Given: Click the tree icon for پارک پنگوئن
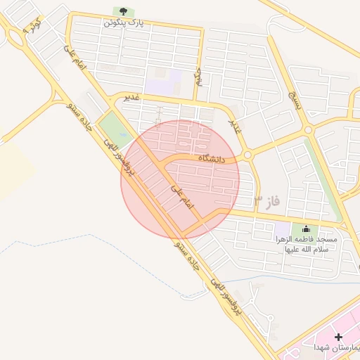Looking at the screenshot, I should point(124,11).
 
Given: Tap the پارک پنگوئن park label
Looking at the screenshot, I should point(124,23).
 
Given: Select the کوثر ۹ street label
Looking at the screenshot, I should point(32,26).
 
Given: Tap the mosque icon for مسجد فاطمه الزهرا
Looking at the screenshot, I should point(305,229).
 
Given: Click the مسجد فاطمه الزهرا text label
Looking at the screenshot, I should point(306,245).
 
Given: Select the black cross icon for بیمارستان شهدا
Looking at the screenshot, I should point(340,337).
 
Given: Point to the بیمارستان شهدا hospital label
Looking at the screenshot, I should point(336,349).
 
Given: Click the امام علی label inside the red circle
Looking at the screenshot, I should point(181,195).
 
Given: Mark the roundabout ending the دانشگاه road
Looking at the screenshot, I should point(247,155).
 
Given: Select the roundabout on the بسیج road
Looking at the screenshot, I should point(307,129).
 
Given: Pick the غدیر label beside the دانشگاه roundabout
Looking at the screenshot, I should point(235,124).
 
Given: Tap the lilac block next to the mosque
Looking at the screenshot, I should point(282,229).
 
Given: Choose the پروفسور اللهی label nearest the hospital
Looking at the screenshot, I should point(229,300).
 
